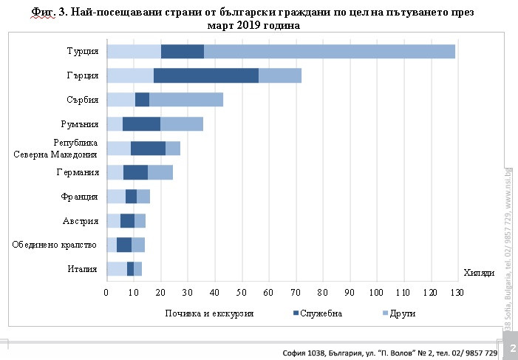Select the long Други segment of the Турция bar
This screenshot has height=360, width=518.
click(329, 51)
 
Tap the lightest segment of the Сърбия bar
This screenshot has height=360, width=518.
click(120, 100)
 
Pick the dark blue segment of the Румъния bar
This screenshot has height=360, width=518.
click(141, 124)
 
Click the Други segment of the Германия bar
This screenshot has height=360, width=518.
click(160, 172)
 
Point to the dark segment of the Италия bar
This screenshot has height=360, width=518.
click(130, 269)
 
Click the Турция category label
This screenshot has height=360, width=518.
click(82, 51)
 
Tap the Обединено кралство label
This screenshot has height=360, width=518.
click(55, 245)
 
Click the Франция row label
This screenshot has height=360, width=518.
click(79, 197)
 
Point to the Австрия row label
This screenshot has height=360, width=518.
click(81, 220)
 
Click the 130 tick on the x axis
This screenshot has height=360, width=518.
click(457, 293)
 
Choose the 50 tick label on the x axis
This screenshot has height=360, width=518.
click(242, 293)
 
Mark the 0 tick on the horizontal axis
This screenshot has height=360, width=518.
click(106, 293)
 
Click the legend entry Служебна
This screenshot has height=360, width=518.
click(321, 313)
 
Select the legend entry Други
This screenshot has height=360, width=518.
click(403, 313)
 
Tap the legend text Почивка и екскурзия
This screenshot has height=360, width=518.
click(210, 313)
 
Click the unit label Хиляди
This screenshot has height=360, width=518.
click(478, 273)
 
